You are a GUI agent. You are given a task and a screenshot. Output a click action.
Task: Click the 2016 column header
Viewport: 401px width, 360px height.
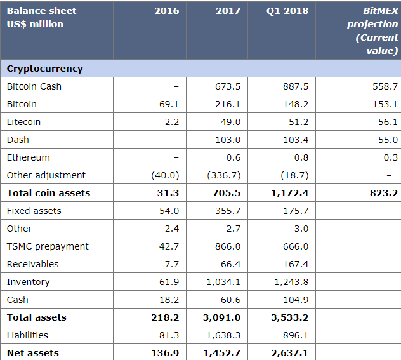click(x=166, y=11)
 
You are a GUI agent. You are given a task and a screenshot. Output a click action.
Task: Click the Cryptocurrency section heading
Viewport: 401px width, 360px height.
click(x=45, y=69)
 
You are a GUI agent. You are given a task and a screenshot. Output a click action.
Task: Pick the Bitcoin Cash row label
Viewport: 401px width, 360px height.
click(x=34, y=86)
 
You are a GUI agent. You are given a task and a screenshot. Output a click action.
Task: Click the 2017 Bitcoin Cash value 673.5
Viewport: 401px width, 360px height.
click(x=228, y=86)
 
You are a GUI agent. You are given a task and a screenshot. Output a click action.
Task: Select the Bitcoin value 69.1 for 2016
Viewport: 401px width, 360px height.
click(x=168, y=104)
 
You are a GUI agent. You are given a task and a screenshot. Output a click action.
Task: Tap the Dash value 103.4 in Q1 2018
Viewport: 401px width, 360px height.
click(x=295, y=140)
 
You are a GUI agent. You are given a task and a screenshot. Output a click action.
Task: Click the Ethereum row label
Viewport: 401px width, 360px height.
click(x=28, y=157)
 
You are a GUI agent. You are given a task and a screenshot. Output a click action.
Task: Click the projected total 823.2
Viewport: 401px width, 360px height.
click(x=384, y=193)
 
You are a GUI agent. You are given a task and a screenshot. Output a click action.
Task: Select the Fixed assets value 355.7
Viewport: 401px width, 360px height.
click(x=228, y=211)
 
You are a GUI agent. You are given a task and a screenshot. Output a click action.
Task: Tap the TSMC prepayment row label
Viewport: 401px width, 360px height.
click(x=48, y=246)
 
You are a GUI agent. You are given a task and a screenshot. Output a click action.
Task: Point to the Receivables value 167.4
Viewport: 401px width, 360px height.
click(x=295, y=264)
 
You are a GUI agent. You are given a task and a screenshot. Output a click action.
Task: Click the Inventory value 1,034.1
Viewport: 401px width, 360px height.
click(x=223, y=282)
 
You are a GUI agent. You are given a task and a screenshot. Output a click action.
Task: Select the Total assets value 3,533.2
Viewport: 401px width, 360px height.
click(x=289, y=317)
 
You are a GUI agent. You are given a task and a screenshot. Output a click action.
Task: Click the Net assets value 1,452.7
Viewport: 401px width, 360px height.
click(x=222, y=353)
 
